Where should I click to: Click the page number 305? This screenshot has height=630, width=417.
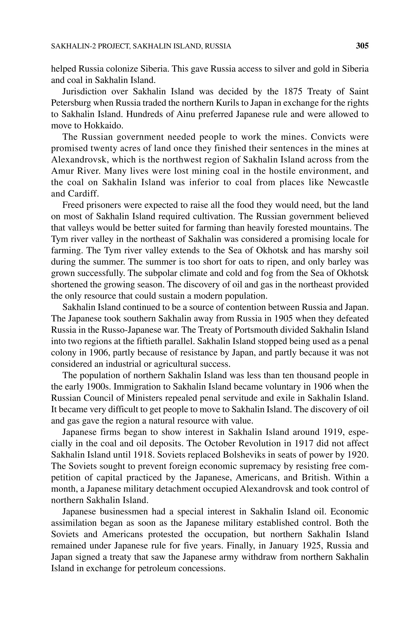[362, 46]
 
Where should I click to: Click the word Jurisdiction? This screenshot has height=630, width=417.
[84, 91]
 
